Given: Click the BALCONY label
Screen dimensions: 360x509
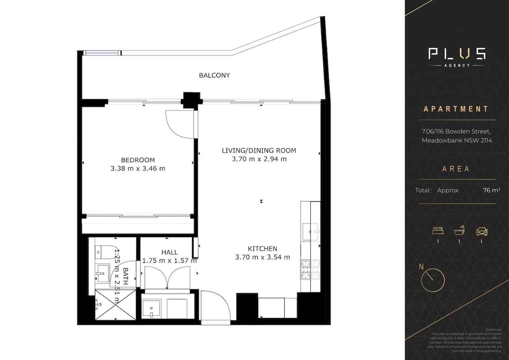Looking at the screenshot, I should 214,75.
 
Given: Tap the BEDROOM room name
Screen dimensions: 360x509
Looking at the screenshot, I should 138,160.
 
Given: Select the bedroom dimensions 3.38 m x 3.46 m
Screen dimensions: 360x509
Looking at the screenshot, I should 138,169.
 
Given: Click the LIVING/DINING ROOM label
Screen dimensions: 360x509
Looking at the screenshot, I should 259,151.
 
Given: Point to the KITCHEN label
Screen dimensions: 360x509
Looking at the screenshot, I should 262,249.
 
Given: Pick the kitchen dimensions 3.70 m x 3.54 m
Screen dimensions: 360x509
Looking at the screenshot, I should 262,257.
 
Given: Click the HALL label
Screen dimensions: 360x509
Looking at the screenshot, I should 169,252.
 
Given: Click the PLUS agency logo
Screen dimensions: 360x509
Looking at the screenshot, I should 457,57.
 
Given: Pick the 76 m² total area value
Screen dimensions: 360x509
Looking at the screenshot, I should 491,190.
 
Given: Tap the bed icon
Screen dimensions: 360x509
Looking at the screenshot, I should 438,231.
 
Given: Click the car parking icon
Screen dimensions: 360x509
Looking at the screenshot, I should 481,231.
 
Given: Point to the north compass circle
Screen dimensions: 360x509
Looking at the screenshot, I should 433,280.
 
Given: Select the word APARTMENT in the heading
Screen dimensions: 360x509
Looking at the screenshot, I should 456,109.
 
